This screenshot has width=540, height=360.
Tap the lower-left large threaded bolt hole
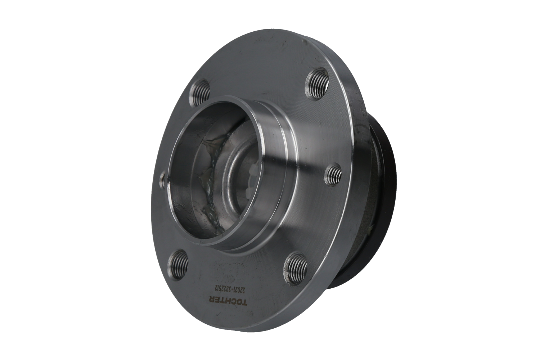click(179, 265)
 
